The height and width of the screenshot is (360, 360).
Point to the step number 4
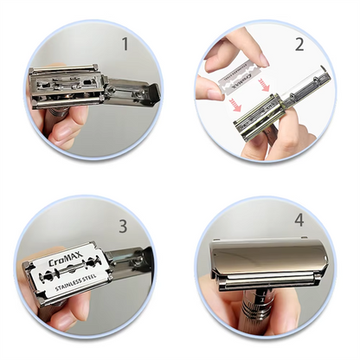299,220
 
